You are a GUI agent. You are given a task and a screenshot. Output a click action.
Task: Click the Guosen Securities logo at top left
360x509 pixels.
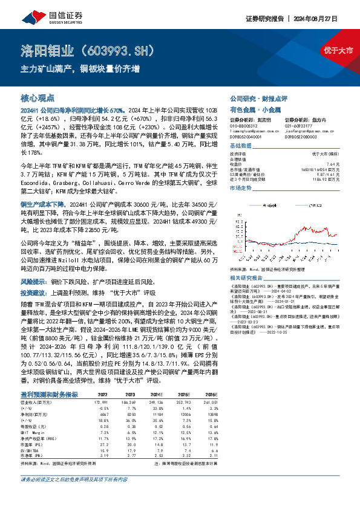[43, 19]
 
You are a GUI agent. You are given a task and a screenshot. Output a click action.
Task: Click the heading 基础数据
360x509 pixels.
[240, 146]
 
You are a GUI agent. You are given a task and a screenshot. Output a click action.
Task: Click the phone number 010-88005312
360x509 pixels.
[244, 127]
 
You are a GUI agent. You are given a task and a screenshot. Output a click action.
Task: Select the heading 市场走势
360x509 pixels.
[240, 189]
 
